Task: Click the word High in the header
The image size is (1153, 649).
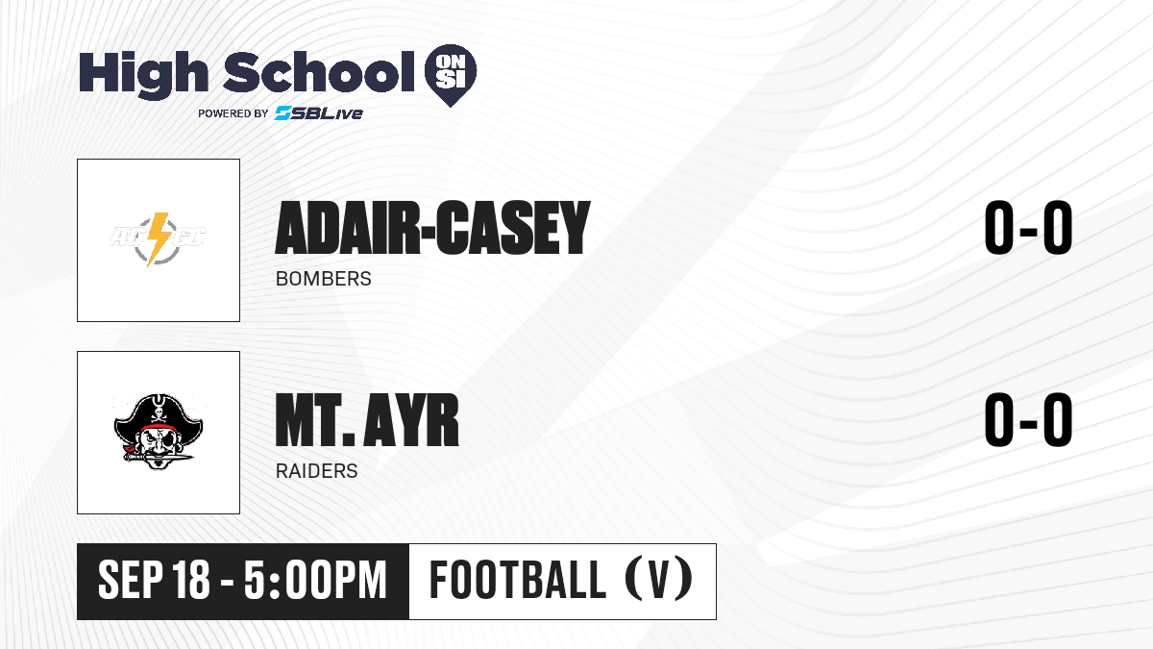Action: pyautogui.click(x=143, y=75)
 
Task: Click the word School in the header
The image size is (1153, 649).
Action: pyautogui.click(x=319, y=72)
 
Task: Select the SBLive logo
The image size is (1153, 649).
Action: pyautogui.click(x=319, y=113)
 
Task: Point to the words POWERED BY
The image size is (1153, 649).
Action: pyautogui.click(x=233, y=113)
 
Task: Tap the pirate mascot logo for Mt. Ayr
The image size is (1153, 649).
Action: pyautogui.click(x=159, y=432)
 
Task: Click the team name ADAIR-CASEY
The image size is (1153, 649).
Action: pyautogui.click(x=432, y=228)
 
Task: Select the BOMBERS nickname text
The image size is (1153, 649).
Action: pyautogui.click(x=323, y=279)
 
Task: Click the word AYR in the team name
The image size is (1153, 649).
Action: pyautogui.click(x=411, y=420)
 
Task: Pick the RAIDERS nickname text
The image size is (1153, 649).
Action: pyautogui.click(x=316, y=471)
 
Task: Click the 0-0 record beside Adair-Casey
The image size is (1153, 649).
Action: pyautogui.click(x=1028, y=228)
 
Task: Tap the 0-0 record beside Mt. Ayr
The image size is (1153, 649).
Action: pyautogui.click(x=1028, y=419)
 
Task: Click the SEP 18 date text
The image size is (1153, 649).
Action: pyautogui.click(x=154, y=581)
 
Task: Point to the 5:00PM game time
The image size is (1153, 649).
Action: pyautogui.click(x=315, y=581)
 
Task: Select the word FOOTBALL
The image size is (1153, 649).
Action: pyautogui.click(x=518, y=580)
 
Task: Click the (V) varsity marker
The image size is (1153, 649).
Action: pyautogui.click(x=659, y=581)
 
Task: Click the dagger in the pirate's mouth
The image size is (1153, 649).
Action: pyautogui.click(x=158, y=457)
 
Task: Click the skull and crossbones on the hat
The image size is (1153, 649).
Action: pyautogui.click(x=158, y=413)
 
